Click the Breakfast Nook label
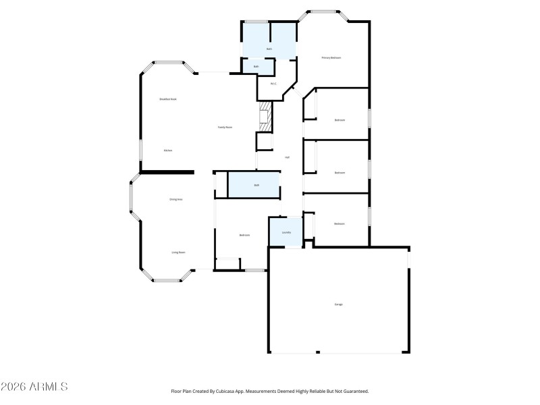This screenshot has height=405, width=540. point(168,99)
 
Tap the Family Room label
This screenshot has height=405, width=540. point(225,127)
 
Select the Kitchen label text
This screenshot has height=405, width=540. point(168,151)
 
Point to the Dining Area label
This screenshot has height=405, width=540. point(176,199)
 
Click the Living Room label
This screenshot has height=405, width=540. point(178,252)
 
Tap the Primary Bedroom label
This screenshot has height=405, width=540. point(331,58)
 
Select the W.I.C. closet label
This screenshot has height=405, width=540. point(273,84)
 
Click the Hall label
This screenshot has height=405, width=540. point(287,157)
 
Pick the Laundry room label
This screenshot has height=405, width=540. point(286,233)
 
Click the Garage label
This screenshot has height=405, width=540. point(338,304)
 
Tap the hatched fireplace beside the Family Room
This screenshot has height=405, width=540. point(265,116)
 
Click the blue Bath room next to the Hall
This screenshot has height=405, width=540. point(256,185)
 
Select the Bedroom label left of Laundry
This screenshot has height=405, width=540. point(244,235)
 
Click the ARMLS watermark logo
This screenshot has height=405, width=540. point(34,387)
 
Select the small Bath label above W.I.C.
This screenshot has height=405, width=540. point(256,67)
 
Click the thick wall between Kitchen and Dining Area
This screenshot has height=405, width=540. point(167,172)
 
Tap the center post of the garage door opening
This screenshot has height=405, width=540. point(318,352)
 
